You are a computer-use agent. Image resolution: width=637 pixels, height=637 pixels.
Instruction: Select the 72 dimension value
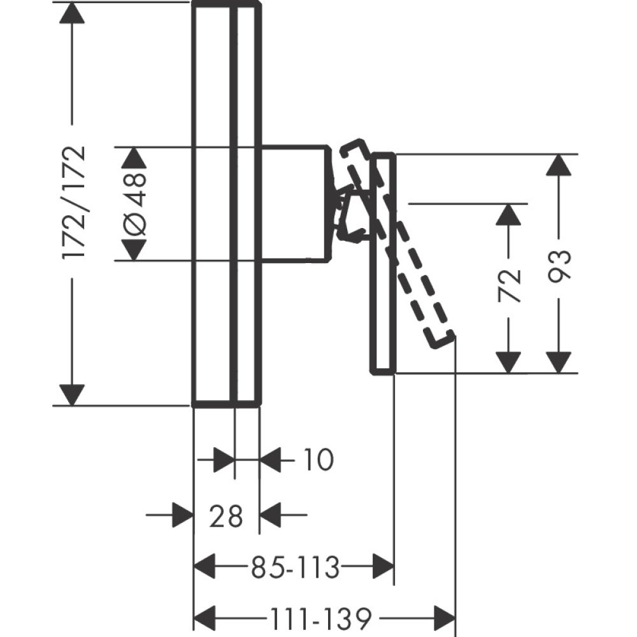point(509,285)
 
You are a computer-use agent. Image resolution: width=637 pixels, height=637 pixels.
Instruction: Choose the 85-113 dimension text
point(295,566)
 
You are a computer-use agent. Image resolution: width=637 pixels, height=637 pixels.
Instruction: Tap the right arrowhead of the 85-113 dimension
point(383,566)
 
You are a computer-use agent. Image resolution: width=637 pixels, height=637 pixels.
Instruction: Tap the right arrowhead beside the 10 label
point(271,459)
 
